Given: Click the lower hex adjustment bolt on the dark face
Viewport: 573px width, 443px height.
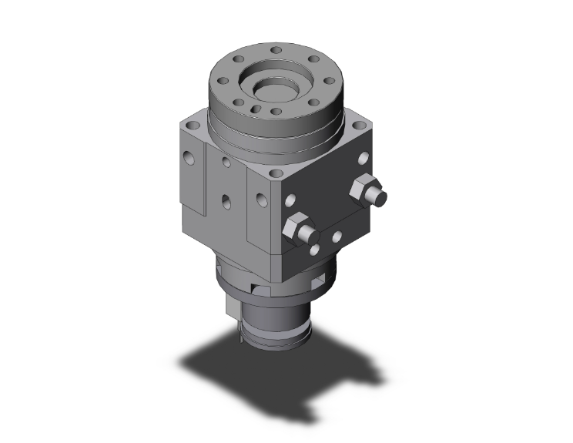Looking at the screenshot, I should click(x=297, y=228).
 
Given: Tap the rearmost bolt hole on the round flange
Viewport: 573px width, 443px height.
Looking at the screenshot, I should click(x=275, y=49).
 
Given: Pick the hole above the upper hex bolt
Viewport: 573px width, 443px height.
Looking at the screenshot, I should click(x=361, y=158).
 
